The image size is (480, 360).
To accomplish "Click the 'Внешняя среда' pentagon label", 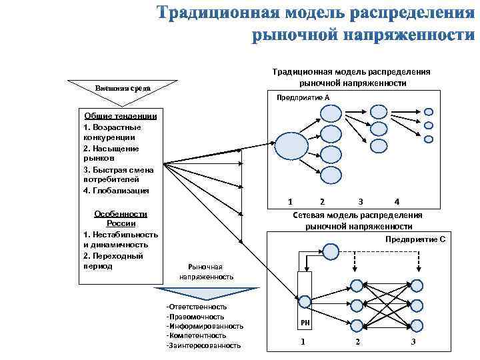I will pos(122,88).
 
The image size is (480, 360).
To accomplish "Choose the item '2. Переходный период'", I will pos(113,261).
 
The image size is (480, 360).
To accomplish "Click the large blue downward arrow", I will pos(205,294).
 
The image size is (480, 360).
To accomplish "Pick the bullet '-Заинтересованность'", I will pos(204,345).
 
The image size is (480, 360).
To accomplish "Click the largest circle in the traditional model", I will pos(291,145).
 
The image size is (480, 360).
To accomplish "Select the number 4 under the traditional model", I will pos(396,201).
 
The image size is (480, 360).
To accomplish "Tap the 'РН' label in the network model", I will pos(305,323).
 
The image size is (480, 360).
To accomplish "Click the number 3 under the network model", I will pos(413,342).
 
